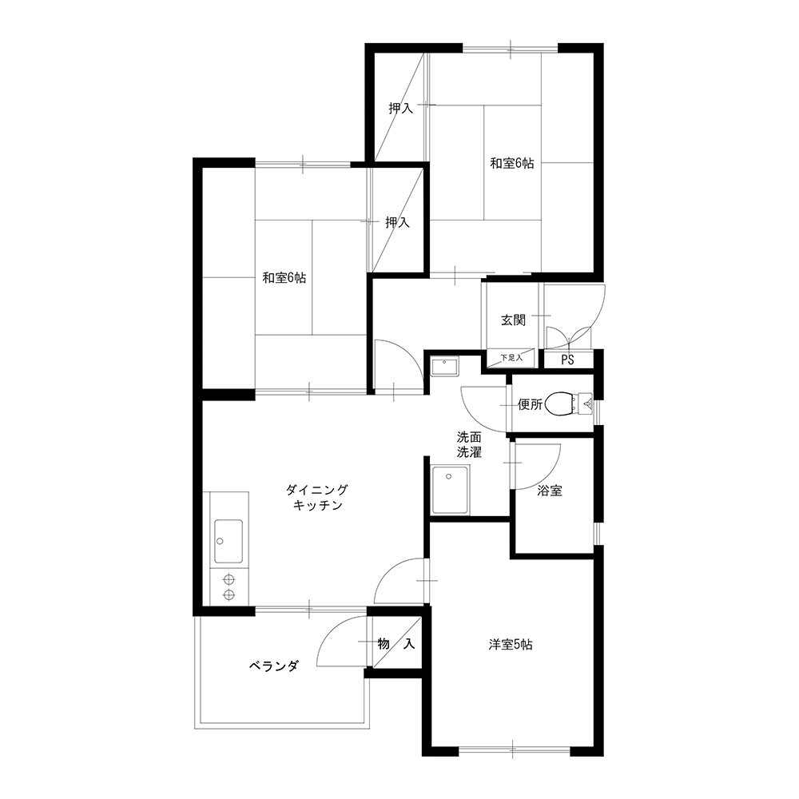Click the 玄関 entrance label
(513, 320)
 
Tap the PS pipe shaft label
(567, 360)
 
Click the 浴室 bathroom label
(550, 491)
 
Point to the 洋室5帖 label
(511, 645)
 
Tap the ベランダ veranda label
(273, 666)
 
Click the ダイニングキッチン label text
(317, 498)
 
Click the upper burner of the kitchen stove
(229, 579)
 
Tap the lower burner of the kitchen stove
(229, 594)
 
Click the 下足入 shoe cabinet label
(511, 358)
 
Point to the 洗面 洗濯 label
(469, 444)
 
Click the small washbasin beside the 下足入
(444, 367)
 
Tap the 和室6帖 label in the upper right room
(512, 164)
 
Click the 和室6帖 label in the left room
(284, 278)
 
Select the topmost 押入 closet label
(400, 108)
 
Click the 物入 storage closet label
(396, 644)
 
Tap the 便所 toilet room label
(530, 404)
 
